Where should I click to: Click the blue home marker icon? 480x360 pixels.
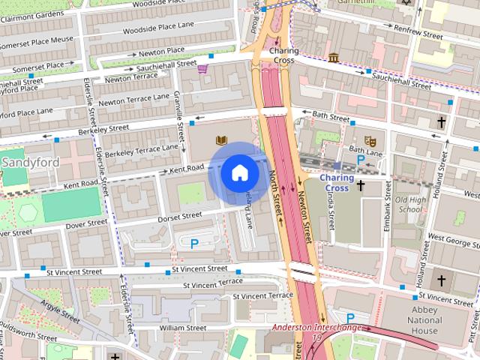pyautogui.click(x=239, y=172)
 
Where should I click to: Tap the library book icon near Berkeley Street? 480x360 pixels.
pyautogui.click(x=221, y=140)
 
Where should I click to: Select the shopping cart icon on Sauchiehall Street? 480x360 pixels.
pyautogui.click(x=202, y=69)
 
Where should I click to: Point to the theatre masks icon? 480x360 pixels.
pyautogui.click(x=369, y=141)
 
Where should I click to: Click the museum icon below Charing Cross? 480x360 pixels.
pyautogui.click(x=332, y=58)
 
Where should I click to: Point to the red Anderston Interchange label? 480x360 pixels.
pyautogui.click(x=316, y=328)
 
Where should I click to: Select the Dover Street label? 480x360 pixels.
pyautogui.click(x=86, y=223)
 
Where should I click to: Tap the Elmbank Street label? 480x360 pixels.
pyautogui.click(x=387, y=212)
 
